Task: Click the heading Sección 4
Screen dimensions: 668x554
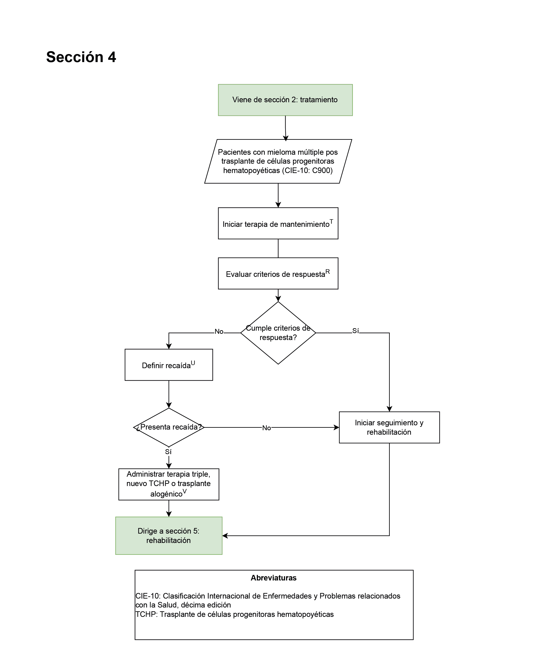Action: click(81, 57)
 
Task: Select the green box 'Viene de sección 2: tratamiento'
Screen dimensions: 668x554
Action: click(285, 100)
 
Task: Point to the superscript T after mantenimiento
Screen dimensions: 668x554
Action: click(331, 221)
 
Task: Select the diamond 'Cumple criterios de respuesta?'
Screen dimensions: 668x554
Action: click(278, 333)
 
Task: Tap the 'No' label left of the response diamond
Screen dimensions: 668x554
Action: click(219, 332)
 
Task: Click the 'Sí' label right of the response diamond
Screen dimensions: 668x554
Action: click(356, 331)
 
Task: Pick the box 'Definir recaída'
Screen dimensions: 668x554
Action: click(169, 365)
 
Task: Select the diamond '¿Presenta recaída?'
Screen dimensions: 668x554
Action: click(169, 427)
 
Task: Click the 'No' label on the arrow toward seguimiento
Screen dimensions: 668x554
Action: click(266, 428)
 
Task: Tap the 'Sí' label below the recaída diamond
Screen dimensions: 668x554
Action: click(168, 452)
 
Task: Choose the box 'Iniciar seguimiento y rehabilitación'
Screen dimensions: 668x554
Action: click(389, 427)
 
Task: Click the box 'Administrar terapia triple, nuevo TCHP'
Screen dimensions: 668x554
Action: click(169, 484)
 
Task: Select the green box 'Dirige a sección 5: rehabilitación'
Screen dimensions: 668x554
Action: click(169, 535)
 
